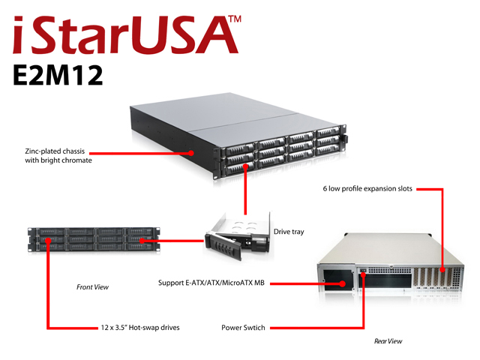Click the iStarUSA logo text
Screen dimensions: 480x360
[121, 35]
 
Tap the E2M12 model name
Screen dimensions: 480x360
[58, 75]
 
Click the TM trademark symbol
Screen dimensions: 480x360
[235, 19]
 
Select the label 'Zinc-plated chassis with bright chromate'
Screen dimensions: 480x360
[58, 156]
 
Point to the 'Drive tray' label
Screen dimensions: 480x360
[289, 232]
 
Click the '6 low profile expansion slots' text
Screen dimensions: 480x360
[367, 188]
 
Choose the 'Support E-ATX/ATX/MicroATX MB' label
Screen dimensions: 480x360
[211, 283]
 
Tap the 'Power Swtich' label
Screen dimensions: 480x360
[243, 328]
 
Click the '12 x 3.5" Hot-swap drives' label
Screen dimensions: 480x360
[140, 328]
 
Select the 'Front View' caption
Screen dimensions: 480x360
[92, 287]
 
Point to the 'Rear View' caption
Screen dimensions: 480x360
[388, 341]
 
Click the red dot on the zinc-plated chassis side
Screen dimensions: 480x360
[191, 153]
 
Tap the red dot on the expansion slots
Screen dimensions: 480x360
[442, 270]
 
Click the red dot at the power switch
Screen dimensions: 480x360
[363, 274]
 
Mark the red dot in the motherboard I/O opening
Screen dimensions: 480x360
[343, 283]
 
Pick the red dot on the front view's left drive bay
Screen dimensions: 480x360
[48, 241]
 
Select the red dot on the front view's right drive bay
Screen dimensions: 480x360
[142, 241]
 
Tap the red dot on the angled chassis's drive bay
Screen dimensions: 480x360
[245, 166]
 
